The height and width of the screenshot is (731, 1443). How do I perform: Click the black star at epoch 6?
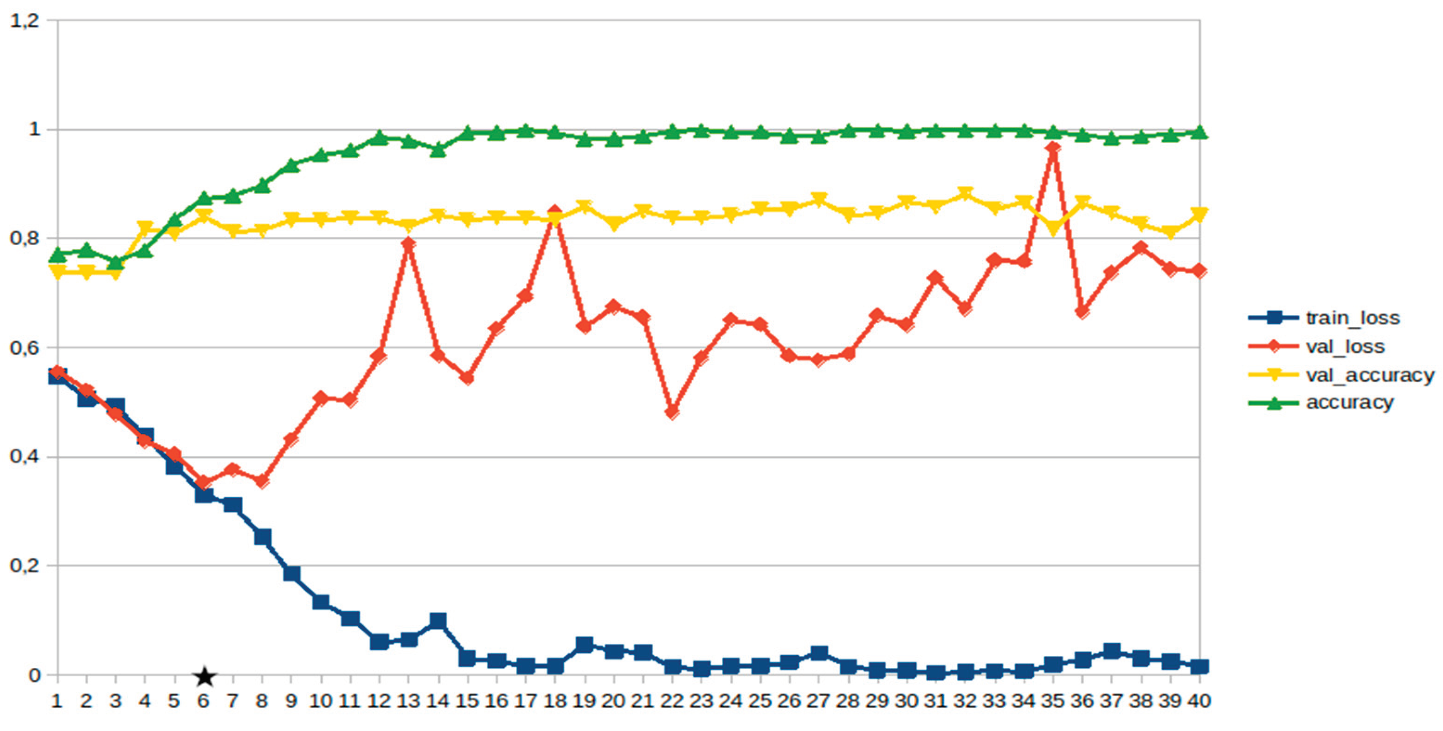click(205, 677)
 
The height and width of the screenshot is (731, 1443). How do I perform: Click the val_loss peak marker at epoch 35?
click(1053, 149)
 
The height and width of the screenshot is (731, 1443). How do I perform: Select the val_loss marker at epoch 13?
click(408, 243)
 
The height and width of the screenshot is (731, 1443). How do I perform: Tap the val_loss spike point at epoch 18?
click(554, 212)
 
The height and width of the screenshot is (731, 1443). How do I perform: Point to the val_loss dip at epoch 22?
click(672, 412)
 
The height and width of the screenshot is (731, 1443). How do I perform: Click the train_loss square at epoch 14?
click(438, 620)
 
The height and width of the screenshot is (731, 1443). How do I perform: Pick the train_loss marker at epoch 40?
click(1199, 666)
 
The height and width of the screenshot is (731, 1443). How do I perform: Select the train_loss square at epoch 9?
click(291, 573)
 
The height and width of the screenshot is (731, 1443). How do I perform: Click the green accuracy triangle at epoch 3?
click(116, 262)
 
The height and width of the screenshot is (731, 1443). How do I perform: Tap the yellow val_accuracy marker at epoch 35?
click(1053, 228)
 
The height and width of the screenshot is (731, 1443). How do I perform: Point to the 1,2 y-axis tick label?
click(25, 21)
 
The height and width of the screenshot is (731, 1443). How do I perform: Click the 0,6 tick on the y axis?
click(25, 347)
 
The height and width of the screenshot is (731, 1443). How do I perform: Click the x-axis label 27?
click(818, 701)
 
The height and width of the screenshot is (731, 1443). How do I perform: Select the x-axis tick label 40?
click(1199, 701)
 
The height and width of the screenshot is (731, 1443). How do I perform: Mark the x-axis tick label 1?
click(57, 701)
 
